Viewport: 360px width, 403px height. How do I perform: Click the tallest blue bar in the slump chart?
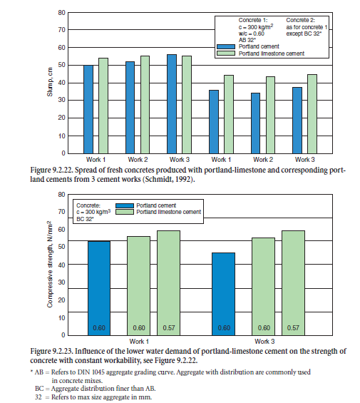click(x=172, y=104)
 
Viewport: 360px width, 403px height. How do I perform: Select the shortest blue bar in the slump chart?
click(x=255, y=123)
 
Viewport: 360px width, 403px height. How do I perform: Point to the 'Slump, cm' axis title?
click(x=50, y=82)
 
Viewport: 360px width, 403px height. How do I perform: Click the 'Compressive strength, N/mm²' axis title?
click(x=50, y=264)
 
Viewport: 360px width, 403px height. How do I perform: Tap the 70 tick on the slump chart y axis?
click(x=62, y=30)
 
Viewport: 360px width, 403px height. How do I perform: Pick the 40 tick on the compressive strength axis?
click(x=62, y=265)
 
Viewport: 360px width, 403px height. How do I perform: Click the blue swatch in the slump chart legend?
click(x=226, y=46)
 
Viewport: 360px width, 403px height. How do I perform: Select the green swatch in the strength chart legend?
click(x=125, y=212)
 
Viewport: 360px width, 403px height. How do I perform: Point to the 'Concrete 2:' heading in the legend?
click(x=300, y=20)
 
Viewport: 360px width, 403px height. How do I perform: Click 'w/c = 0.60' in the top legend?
click(x=252, y=34)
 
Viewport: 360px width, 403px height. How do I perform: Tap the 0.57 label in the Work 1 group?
click(x=169, y=328)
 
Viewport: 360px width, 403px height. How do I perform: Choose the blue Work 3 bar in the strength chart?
click(x=224, y=294)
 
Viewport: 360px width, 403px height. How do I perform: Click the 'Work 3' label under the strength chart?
click(x=264, y=342)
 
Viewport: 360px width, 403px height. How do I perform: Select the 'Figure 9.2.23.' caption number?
click(x=51, y=351)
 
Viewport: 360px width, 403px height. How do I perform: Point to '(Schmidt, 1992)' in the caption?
click(x=168, y=179)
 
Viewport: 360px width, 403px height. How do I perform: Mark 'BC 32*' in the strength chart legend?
click(x=85, y=219)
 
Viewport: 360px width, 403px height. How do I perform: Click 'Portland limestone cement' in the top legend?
click(x=272, y=53)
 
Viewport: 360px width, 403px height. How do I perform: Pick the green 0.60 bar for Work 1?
click(x=139, y=286)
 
